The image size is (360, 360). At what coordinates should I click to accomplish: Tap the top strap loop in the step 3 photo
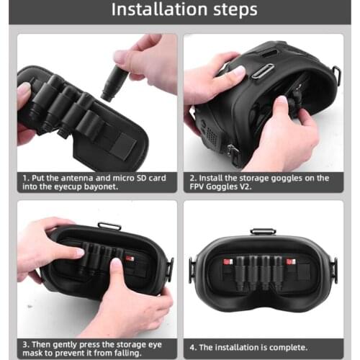(109, 226)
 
